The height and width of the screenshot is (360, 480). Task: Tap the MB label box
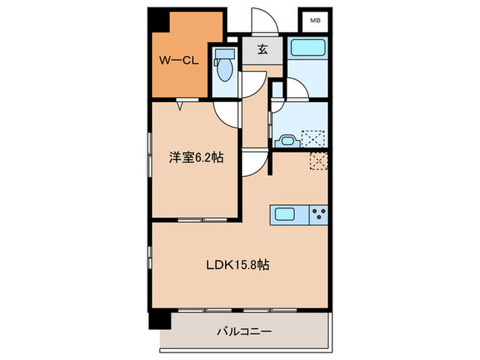click(315, 21)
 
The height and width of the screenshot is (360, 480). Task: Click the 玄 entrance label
click(263, 49)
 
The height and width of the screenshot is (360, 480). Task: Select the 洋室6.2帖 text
click(195, 157)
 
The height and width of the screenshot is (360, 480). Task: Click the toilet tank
click(222, 54)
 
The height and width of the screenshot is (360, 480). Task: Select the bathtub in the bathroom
click(308, 49)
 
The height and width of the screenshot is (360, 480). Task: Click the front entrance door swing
click(263, 21)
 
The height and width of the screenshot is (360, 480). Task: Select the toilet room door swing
click(250, 86)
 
